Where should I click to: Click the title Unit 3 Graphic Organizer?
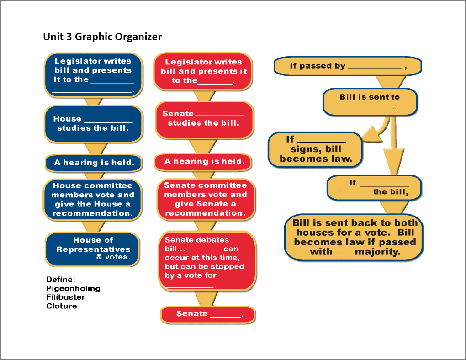point(102,37)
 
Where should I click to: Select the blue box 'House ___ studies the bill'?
point(93,123)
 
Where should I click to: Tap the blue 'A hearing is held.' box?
point(94,163)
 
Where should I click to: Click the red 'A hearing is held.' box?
point(204,161)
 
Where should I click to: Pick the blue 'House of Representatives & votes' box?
point(93,249)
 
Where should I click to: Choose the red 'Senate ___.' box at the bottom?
point(208,314)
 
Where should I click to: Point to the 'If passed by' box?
point(347,66)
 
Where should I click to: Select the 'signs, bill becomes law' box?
point(315,149)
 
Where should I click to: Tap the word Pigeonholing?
point(73,288)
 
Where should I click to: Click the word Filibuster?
point(66,297)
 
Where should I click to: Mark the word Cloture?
point(62,306)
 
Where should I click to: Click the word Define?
point(61,280)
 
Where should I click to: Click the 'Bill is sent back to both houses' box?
point(354,237)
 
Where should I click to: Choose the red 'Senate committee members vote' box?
point(205,199)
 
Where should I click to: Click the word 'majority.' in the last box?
point(377,252)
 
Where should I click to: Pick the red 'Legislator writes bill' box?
point(203,71)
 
